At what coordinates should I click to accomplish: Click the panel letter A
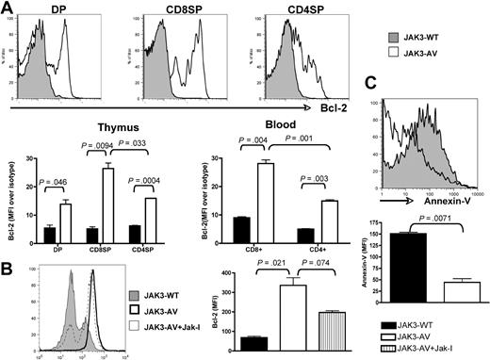8,8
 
